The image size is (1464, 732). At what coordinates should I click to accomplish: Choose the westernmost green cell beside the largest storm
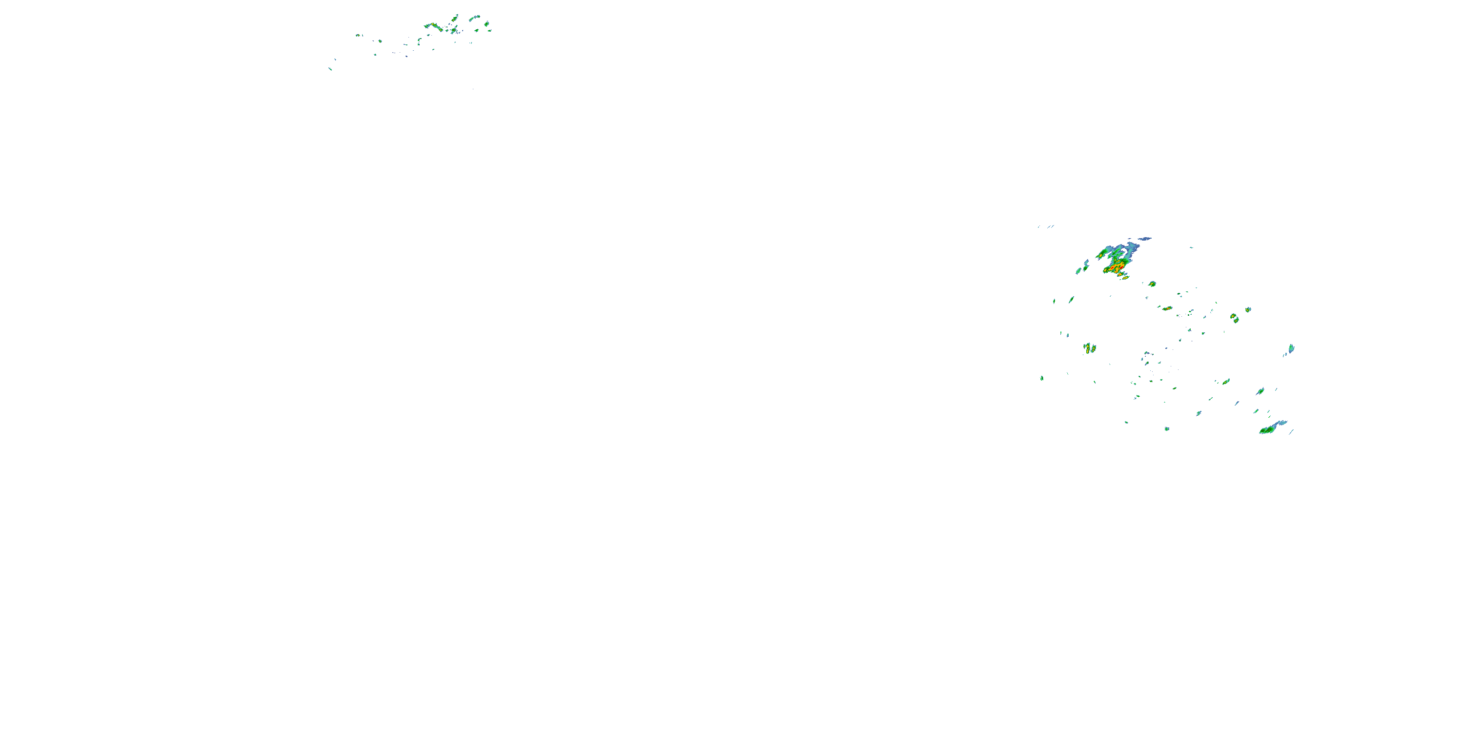click(x=1078, y=271)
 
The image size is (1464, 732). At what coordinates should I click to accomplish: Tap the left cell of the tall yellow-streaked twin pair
click(x=1086, y=347)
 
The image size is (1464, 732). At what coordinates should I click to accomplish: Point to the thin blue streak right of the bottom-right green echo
click(x=1291, y=432)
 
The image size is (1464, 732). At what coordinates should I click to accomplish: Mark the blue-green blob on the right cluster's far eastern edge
click(x=1291, y=348)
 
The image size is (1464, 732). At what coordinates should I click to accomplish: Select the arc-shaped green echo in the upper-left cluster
click(x=473, y=18)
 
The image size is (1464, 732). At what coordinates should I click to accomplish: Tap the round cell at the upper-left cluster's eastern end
click(x=487, y=24)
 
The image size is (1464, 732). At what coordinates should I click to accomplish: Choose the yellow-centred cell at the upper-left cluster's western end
click(x=358, y=35)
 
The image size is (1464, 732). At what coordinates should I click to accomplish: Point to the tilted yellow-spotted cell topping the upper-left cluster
click(x=454, y=19)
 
